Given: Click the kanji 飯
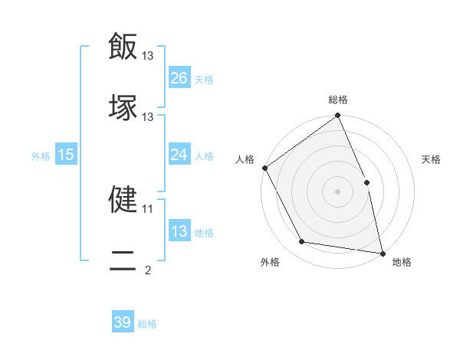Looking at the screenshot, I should (x=123, y=45).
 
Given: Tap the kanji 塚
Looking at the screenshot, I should (x=123, y=106).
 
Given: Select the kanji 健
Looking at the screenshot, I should (x=123, y=198).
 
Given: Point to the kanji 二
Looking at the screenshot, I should (x=123, y=261).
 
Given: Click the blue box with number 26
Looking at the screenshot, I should (x=179, y=78).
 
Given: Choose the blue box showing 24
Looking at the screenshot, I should (x=179, y=155).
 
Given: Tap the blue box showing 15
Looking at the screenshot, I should (x=66, y=155).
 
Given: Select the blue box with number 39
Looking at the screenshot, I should (x=123, y=322).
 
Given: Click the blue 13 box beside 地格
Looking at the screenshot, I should (x=179, y=231).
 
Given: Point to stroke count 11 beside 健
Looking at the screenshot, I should (x=148, y=208).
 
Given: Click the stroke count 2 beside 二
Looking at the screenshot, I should (x=148, y=270).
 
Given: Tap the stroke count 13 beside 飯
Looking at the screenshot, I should (x=148, y=55).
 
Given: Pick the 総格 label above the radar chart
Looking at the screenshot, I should (x=338, y=100).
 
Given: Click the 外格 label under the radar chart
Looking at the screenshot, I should (x=270, y=263).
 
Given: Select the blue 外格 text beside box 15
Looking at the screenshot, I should (x=41, y=155).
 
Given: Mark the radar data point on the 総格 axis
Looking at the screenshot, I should (x=338, y=116).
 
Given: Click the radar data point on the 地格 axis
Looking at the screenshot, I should (x=382, y=252).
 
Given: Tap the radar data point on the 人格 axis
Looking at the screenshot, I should (x=265, y=168).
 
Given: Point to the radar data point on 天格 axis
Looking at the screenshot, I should (x=366, y=182).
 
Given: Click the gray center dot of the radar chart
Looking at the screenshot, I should (x=338, y=191).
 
